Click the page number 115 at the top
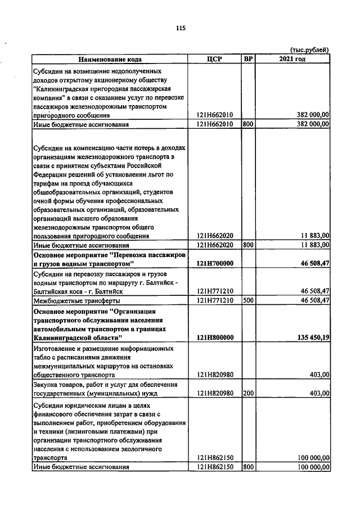(180, 28)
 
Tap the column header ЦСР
(215, 59)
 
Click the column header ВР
(248, 59)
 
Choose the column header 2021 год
(292, 59)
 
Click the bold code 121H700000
(215, 263)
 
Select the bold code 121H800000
(215, 337)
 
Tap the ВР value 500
(247, 300)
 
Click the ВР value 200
(247, 393)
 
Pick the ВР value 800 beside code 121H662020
(247, 245)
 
